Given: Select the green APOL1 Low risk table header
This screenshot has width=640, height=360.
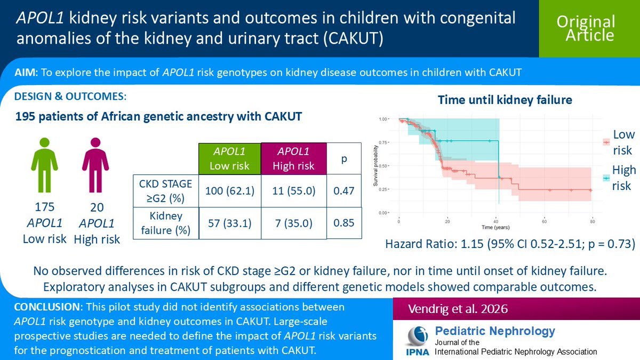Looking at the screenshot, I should (x=229, y=158).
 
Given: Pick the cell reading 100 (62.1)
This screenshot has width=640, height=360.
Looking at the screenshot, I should (x=229, y=190).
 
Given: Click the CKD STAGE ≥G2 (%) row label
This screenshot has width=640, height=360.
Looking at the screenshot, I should (x=165, y=190).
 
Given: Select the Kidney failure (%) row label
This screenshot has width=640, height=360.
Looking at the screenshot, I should (x=165, y=223).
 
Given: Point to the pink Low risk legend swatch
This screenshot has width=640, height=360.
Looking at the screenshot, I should (x=606, y=141).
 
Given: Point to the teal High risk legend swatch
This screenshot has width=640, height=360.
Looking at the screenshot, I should (x=606, y=178).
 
